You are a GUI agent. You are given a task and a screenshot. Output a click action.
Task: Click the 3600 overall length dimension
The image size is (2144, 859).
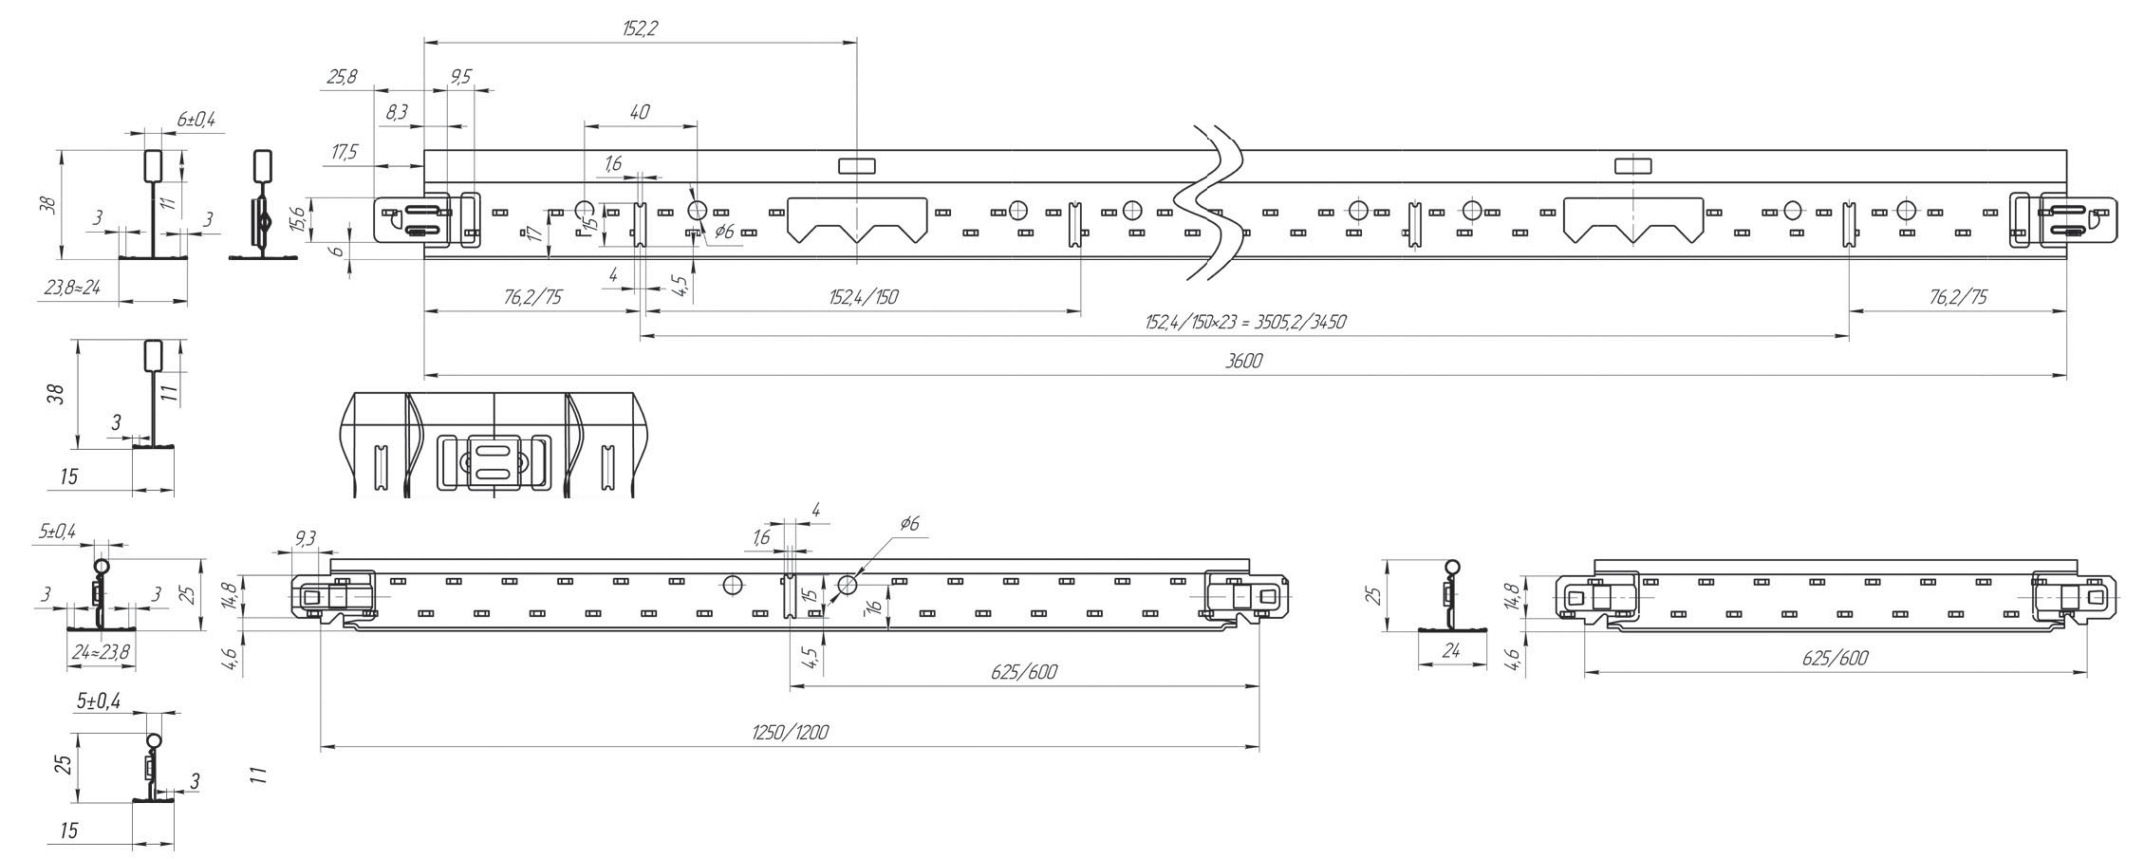click(x=1243, y=362)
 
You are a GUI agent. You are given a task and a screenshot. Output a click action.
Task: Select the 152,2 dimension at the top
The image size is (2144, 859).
click(x=640, y=28)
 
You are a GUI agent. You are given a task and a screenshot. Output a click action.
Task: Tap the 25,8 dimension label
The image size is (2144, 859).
click(x=342, y=77)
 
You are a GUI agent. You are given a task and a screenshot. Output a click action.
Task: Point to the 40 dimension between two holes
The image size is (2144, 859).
click(x=640, y=112)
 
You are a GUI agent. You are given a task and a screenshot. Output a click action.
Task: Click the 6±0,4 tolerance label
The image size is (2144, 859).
click(x=196, y=120)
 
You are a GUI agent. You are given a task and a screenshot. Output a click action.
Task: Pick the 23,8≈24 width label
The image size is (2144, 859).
click(x=72, y=288)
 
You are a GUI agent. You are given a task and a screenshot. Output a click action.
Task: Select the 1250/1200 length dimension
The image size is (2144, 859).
click(x=790, y=732)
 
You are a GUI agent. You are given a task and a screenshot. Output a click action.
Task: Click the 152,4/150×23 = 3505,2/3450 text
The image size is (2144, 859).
click(x=1244, y=322)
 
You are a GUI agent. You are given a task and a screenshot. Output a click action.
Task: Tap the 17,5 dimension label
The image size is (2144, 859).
click(x=343, y=153)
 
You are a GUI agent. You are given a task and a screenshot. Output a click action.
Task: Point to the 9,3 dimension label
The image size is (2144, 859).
click(x=306, y=539)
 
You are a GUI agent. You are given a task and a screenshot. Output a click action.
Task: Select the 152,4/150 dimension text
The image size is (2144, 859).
click(x=863, y=298)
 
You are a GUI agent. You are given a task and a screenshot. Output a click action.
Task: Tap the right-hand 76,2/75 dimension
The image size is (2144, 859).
click(x=1957, y=298)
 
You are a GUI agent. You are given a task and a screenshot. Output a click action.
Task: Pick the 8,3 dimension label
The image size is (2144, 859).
click(x=397, y=113)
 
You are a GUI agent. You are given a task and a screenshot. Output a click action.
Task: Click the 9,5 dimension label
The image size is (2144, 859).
click(x=460, y=77)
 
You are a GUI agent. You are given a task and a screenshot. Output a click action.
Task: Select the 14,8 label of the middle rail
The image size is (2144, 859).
click(x=228, y=598)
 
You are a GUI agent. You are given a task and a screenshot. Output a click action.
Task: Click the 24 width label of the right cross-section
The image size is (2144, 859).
click(x=1451, y=650)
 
